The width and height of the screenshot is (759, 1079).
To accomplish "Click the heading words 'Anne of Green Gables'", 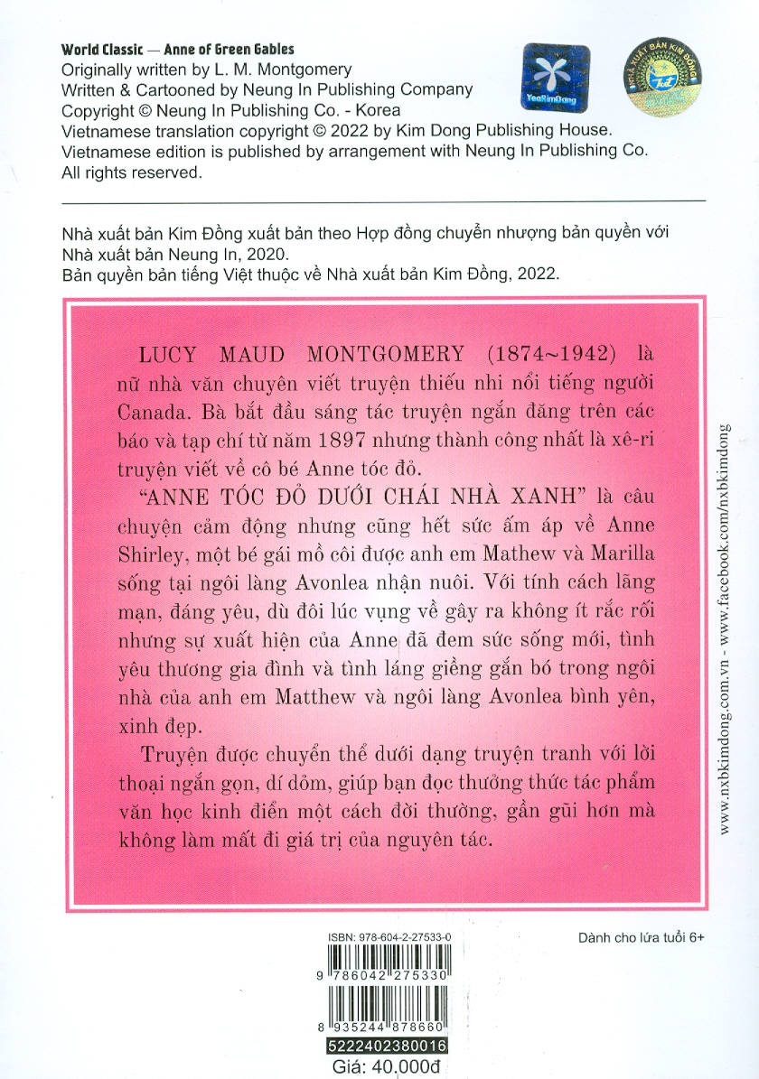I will pos(226,50).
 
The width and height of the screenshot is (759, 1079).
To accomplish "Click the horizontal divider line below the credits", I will pos(379,200).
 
